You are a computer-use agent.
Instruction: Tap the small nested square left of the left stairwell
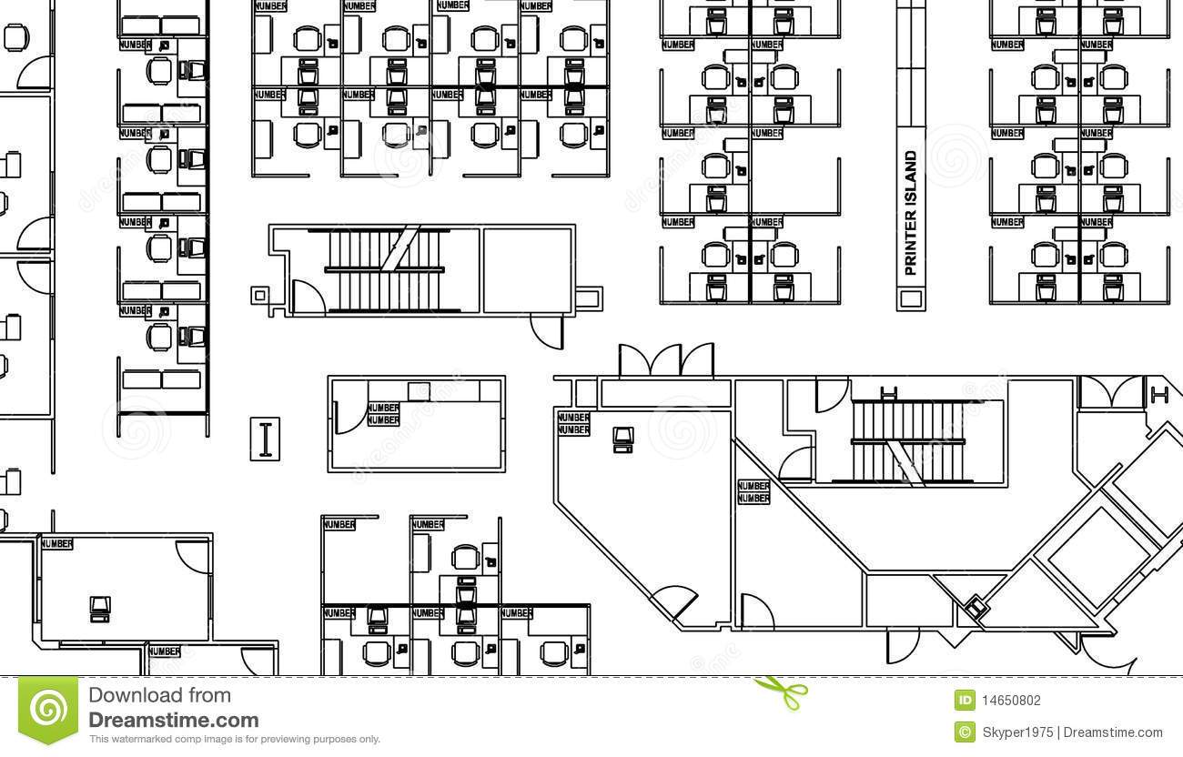[259, 295]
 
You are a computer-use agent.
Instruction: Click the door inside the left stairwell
[307, 297]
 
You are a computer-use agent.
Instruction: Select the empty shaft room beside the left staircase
[528, 269]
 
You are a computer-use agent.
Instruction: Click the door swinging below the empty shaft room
[549, 332]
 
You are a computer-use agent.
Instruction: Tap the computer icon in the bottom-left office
[100, 607]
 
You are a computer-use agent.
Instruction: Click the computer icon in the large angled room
[624, 439]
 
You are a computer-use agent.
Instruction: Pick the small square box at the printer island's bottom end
[910, 298]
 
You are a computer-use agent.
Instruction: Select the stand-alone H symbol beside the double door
[1158, 394]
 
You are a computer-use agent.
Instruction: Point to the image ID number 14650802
[1010, 701]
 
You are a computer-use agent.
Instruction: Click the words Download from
[159, 696]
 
